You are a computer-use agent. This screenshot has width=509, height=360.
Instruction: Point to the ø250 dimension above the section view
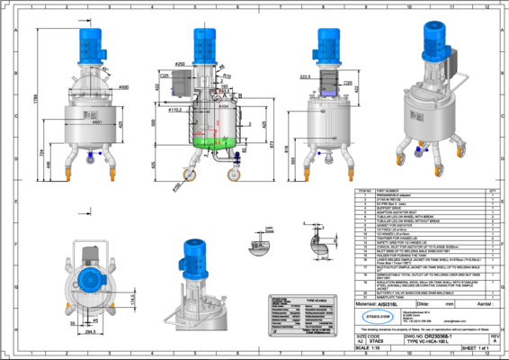click(206, 65)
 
